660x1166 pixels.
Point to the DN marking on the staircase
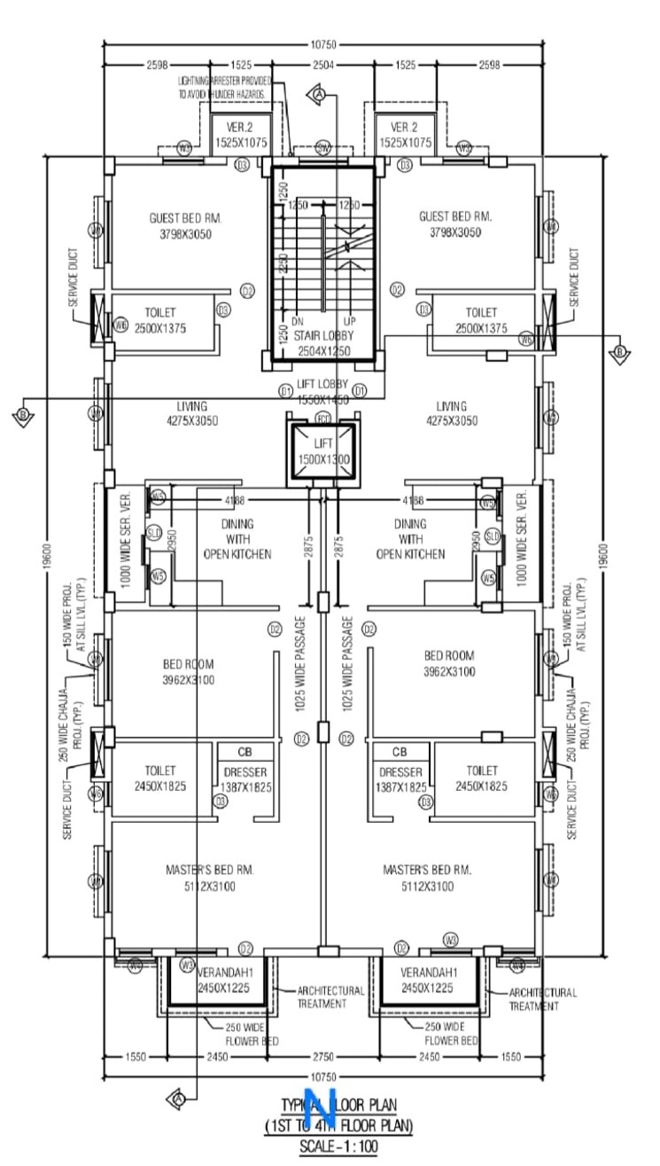(299, 322)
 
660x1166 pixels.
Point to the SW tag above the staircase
(322, 149)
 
